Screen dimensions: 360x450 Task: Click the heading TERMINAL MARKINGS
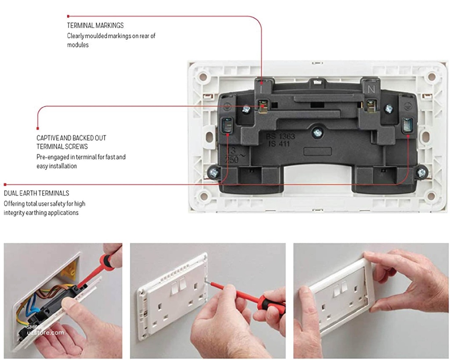coord(95,25)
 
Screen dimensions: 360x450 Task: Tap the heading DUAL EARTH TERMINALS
coord(36,193)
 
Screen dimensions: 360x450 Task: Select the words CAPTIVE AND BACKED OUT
coord(71,138)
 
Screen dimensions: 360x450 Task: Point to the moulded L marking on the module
coord(262,88)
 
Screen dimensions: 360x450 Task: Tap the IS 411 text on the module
coord(280,143)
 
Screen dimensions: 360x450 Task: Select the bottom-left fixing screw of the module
coord(214,173)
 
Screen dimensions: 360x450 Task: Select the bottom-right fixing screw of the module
coord(421,173)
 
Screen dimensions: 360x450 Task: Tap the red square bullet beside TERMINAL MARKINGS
coord(68,16)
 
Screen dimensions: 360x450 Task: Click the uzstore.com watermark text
coord(45,333)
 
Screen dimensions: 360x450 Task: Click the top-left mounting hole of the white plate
coord(203,77)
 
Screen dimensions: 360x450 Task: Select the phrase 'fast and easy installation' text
coord(81,162)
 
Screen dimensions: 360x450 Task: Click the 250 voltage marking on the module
coord(232,160)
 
